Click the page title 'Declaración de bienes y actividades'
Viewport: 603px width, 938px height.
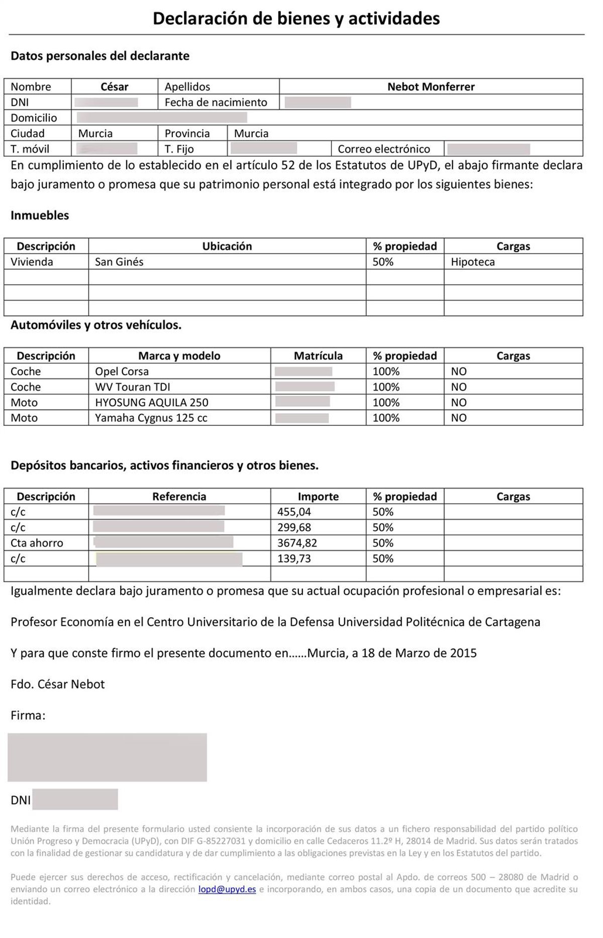[x=296, y=19]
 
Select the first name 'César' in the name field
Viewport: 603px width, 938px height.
[x=115, y=86]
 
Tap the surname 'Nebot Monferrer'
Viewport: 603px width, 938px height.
[x=431, y=86]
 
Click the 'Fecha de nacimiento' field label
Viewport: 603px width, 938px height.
[x=216, y=102]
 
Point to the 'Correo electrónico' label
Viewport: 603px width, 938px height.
[x=384, y=149]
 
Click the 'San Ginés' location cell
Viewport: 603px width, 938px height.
[x=119, y=262]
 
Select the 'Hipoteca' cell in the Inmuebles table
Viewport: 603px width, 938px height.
[x=473, y=262]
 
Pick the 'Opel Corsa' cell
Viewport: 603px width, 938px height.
[x=122, y=371]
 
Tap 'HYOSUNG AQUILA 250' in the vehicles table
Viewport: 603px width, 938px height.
[x=152, y=403]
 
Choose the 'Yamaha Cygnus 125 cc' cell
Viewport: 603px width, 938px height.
[x=151, y=418]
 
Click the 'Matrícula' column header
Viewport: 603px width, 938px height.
[x=318, y=356]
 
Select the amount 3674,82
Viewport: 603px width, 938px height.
[x=297, y=543]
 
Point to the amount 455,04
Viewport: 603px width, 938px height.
[x=294, y=512]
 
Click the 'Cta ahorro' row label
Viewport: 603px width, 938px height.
[x=37, y=543]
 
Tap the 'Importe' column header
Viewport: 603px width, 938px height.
[x=318, y=497]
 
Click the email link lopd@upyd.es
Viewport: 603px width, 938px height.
[x=227, y=889]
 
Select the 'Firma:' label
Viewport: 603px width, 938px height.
[x=28, y=715]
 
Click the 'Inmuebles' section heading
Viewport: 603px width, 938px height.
[x=40, y=215]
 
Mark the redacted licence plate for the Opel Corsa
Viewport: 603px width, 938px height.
[x=304, y=371]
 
